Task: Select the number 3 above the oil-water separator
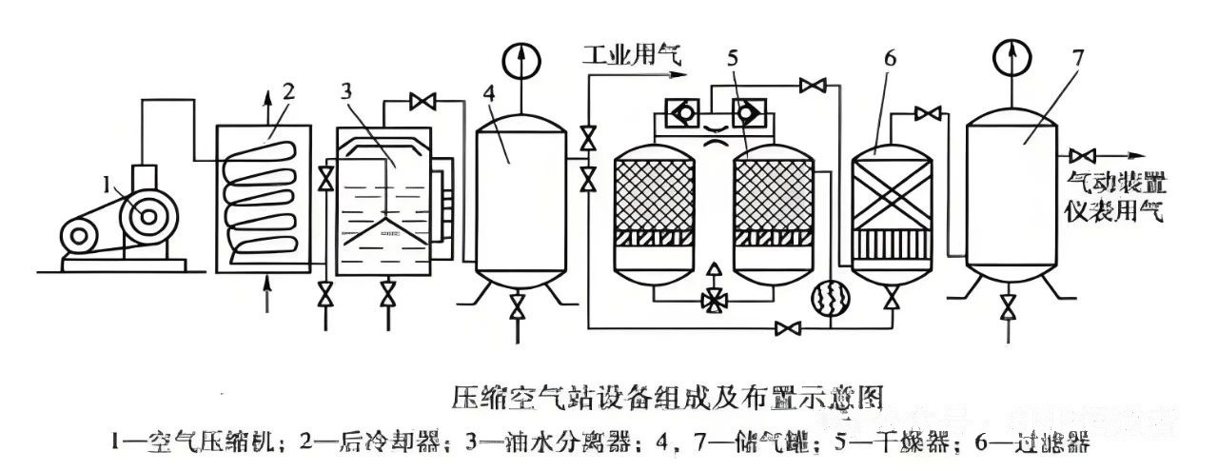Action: point(347,92)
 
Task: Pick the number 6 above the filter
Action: point(890,57)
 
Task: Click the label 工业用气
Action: point(633,55)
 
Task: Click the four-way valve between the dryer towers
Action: point(709,299)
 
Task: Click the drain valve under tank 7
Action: point(1007,305)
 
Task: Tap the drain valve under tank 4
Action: point(518,306)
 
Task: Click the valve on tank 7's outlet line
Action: point(1080,156)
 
